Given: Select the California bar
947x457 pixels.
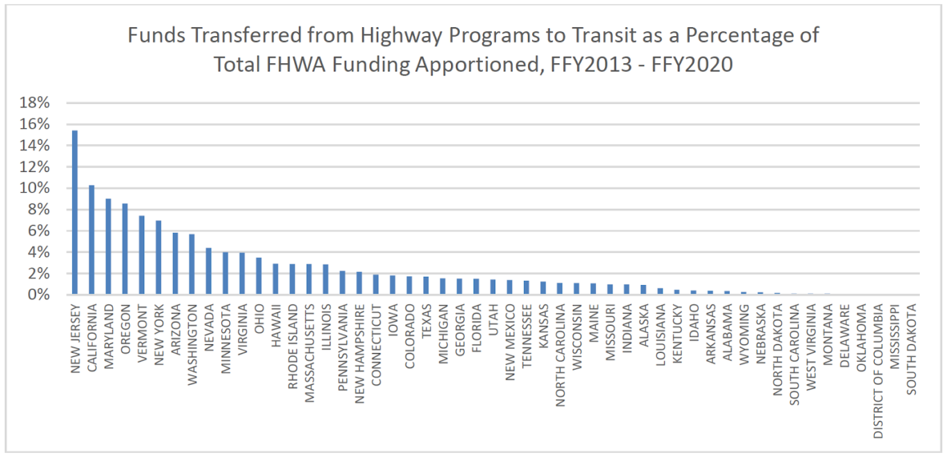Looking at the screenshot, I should [92, 240].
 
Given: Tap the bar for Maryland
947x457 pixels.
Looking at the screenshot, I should [108, 247].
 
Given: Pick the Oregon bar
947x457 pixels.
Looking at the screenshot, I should [125, 249].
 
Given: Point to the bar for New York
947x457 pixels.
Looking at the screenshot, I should [158, 257].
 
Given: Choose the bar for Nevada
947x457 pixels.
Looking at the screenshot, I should [208, 271].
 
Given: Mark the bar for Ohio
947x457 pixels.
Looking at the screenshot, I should [258, 276].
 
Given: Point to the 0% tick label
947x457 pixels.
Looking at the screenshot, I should [40, 295].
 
